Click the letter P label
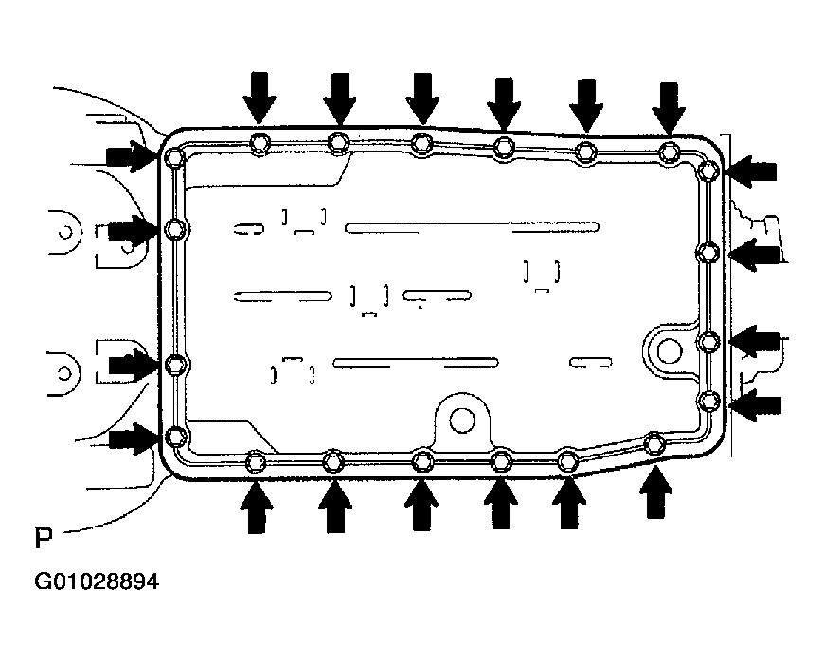pos(43,540)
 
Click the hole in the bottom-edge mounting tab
pos(462,418)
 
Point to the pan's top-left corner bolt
pos(173,157)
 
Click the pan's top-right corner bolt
pos(708,171)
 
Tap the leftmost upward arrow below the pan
pos(255,506)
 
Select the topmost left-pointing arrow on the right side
pos(753,171)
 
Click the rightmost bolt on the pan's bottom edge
pos(654,441)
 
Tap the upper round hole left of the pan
pos(63,230)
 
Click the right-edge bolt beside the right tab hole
pos(708,341)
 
